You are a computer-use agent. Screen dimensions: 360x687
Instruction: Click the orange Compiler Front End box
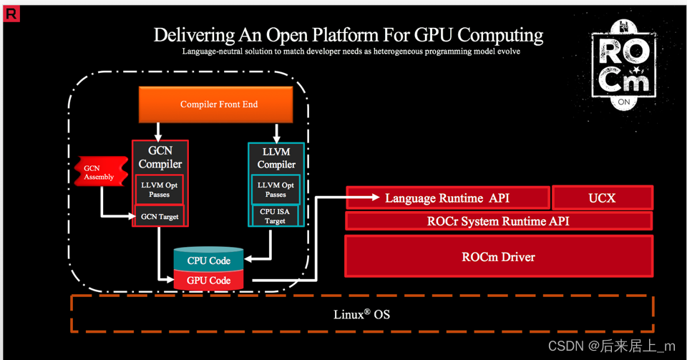click(x=219, y=104)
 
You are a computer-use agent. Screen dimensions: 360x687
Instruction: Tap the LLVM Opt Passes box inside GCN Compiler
click(x=160, y=190)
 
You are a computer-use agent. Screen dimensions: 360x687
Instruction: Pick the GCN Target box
click(x=160, y=216)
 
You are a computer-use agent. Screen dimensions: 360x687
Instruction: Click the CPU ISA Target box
click(x=276, y=216)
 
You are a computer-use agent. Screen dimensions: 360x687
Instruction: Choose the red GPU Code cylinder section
click(x=208, y=281)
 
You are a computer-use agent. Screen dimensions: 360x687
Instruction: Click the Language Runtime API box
click(x=447, y=198)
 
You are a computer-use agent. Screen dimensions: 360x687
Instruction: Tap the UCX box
click(x=602, y=198)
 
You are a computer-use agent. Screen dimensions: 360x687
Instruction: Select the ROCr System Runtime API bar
click(x=498, y=221)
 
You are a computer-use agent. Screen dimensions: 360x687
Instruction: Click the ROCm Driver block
click(x=498, y=256)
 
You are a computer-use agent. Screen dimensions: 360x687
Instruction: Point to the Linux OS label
click(x=362, y=314)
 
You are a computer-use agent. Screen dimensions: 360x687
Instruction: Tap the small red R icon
click(x=11, y=13)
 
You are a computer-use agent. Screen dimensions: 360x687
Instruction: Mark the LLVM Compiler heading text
click(x=276, y=158)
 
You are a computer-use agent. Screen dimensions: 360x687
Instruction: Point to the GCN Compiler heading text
click(x=160, y=157)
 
